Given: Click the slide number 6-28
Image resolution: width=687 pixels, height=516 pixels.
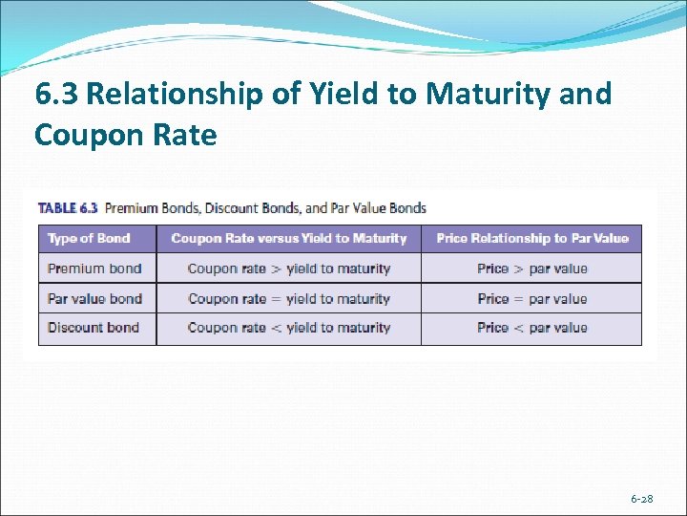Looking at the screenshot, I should coord(641,500).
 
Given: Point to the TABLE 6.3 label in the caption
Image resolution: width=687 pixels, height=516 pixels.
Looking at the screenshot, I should coord(68,207).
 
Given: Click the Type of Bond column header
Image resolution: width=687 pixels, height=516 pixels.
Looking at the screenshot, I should coord(89,238).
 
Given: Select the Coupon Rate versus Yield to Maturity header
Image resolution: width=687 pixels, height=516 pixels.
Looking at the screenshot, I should coord(288,238).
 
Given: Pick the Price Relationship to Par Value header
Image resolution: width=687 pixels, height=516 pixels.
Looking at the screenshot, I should coord(532,238).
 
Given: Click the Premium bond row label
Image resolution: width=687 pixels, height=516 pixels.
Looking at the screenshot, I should coord(94,269).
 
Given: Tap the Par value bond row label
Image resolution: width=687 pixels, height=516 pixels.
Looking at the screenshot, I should coord(94,298).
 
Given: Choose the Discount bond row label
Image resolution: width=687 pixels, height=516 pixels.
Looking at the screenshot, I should coord(94,327).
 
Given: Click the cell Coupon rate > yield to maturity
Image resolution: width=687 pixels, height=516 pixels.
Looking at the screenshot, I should coord(289,269).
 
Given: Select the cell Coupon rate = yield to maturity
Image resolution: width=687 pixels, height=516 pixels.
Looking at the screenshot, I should coord(289,298).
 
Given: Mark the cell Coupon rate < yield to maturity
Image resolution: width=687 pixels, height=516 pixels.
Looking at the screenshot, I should coord(289,327).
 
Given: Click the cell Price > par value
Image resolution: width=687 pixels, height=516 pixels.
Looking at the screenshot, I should coord(532,269).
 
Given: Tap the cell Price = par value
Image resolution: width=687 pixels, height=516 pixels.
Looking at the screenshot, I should coord(532,298).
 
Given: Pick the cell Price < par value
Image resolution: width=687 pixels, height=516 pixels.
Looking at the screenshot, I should coord(532,327).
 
